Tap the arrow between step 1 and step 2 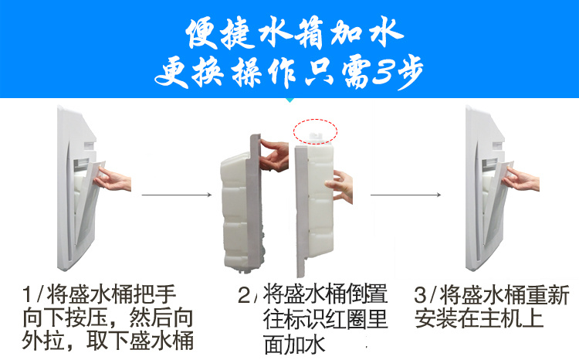pos(177,195)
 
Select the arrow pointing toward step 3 pos(405,195)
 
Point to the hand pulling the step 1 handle pos(113,179)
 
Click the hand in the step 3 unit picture pos(522,179)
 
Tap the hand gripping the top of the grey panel pos(274,155)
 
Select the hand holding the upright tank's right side pos(340,186)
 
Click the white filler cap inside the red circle pos(315,136)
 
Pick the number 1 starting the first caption pos(28,295)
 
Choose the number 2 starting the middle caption pos(245,295)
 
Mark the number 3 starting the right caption pos(421,295)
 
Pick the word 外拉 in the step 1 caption pos(42,340)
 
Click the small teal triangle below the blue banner pos(289,100)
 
